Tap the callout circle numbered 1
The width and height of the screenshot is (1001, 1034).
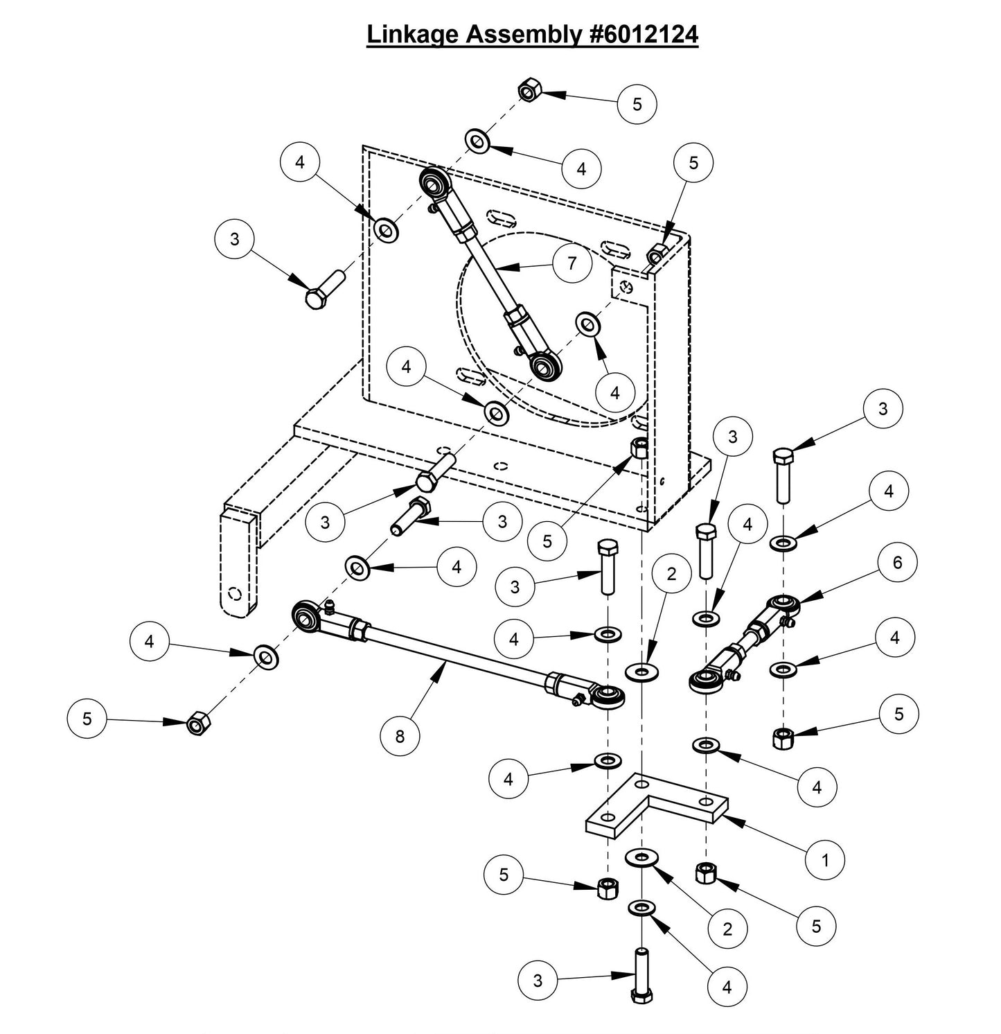(x=824, y=860)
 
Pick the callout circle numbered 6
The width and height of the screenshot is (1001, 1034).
(x=897, y=562)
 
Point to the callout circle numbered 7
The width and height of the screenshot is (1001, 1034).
(x=572, y=264)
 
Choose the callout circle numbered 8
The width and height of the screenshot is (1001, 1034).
(x=400, y=736)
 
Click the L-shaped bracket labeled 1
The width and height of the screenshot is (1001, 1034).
(x=655, y=811)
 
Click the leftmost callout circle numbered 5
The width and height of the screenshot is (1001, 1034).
(x=87, y=719)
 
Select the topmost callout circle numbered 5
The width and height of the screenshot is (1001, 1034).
(x=637, y=104)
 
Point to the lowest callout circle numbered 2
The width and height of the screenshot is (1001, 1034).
(x=727, y=929)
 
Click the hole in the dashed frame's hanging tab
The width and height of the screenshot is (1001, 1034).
(x=235, y=593)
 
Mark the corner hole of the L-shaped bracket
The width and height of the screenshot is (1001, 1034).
(x=644, y=784)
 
